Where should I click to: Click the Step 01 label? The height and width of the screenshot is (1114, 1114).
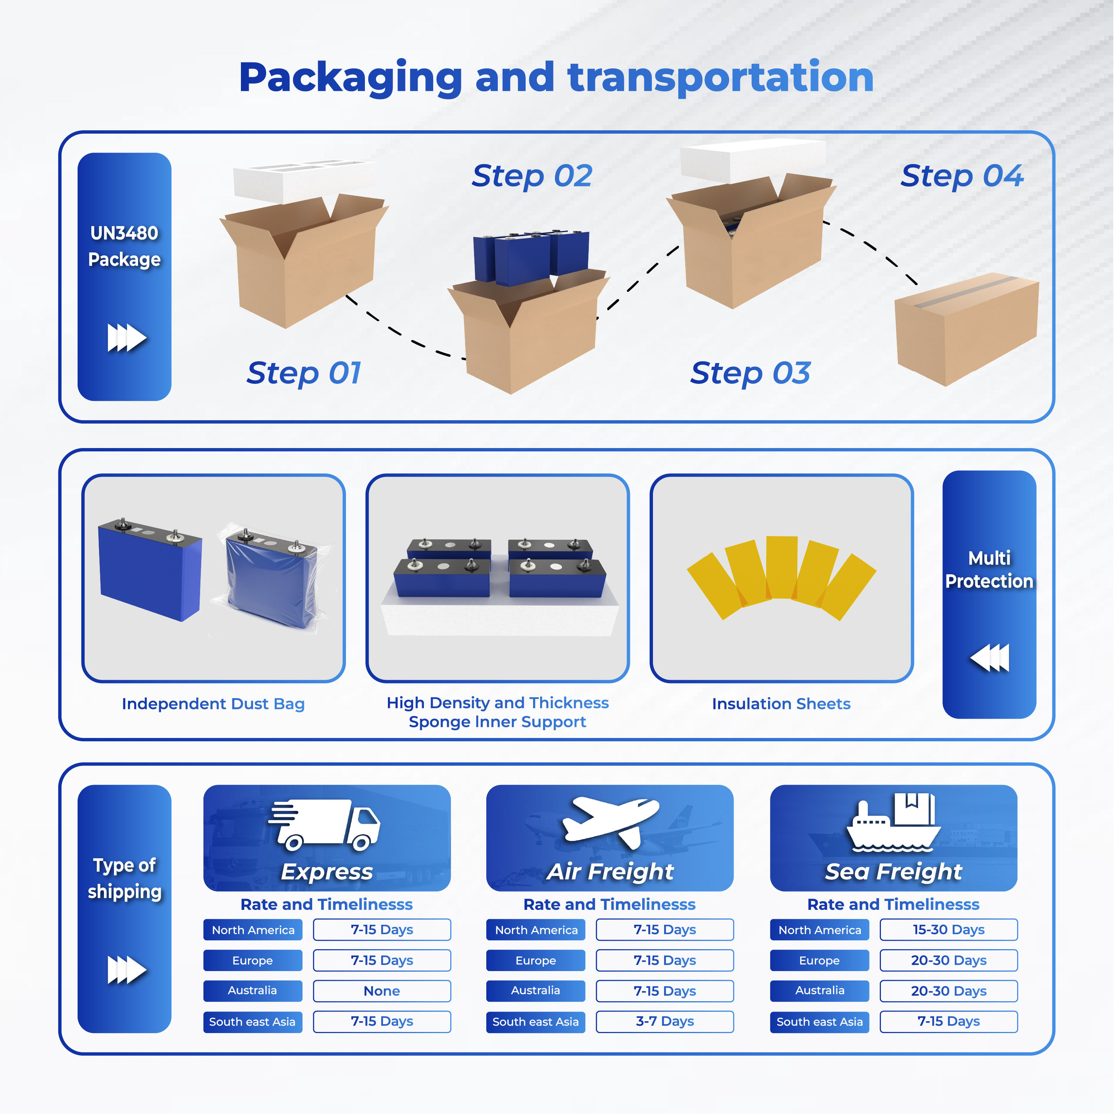pos(304,373)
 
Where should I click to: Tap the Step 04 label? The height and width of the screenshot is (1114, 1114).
pos(962,176)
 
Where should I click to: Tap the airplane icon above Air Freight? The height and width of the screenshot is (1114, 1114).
pos(610,821)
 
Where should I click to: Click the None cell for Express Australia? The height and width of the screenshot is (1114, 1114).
pos(382,991)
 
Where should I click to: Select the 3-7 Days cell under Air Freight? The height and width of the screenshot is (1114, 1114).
pos(665,1021)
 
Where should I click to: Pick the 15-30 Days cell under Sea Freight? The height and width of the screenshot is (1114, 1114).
pos(948,930)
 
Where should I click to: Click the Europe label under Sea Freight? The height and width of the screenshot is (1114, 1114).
pos(819,960)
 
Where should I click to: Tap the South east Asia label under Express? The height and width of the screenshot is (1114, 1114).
pos(252,1022)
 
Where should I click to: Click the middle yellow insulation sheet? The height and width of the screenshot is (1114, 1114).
pos(782,567)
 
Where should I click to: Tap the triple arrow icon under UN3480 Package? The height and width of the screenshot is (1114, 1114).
pos(126,338)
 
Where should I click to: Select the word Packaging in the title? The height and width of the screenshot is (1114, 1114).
pos(350,78)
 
